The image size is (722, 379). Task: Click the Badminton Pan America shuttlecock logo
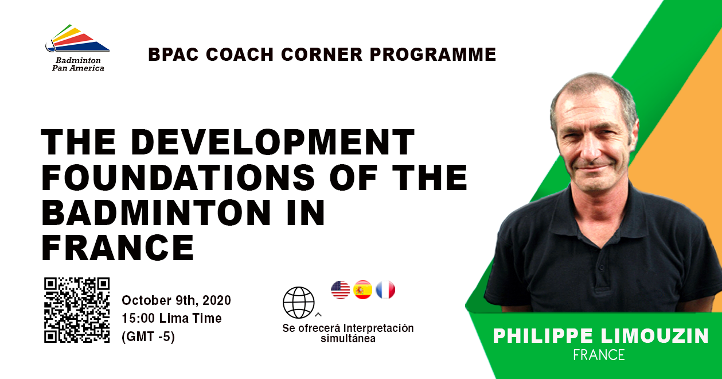77,38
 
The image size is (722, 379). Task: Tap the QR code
77,310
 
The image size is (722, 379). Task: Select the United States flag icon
341,289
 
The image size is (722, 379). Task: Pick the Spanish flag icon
363,289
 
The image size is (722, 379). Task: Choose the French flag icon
385,289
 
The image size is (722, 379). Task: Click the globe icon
298,303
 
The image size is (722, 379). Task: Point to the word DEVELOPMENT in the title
272,142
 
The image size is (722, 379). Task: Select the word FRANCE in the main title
118,247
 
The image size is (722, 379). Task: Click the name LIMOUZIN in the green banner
654,336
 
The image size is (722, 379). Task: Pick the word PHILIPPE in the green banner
543,336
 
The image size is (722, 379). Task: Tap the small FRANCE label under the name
599,355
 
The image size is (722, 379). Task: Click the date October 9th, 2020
176,300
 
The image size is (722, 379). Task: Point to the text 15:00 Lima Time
171,318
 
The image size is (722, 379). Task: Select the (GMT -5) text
149,337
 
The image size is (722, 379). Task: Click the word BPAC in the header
173,54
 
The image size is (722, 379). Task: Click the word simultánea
348,339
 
